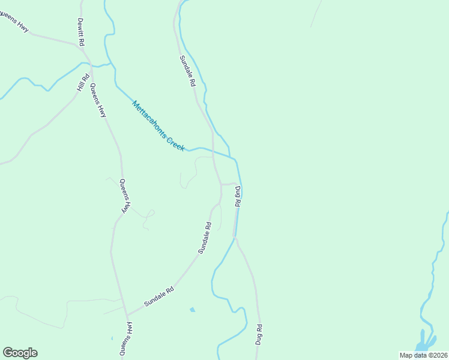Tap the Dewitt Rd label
(x=80, y=32)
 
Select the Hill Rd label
(x=83, y=82)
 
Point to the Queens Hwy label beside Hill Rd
(x=98, y=100)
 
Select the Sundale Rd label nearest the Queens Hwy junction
(x=158, y=298)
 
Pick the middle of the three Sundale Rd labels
(x=205, y=238)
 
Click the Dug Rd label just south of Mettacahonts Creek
(x=238, y=197)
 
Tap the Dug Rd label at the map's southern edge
(x=259, y=334)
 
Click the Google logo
(x=20, y=353)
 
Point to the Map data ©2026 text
(x=423, y=355)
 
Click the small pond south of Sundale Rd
(x=192, y=310)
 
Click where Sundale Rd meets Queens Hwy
(x=127, y=314)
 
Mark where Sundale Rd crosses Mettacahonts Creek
(x=213, y=152)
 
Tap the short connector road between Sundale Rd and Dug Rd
(x=228, y=184)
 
